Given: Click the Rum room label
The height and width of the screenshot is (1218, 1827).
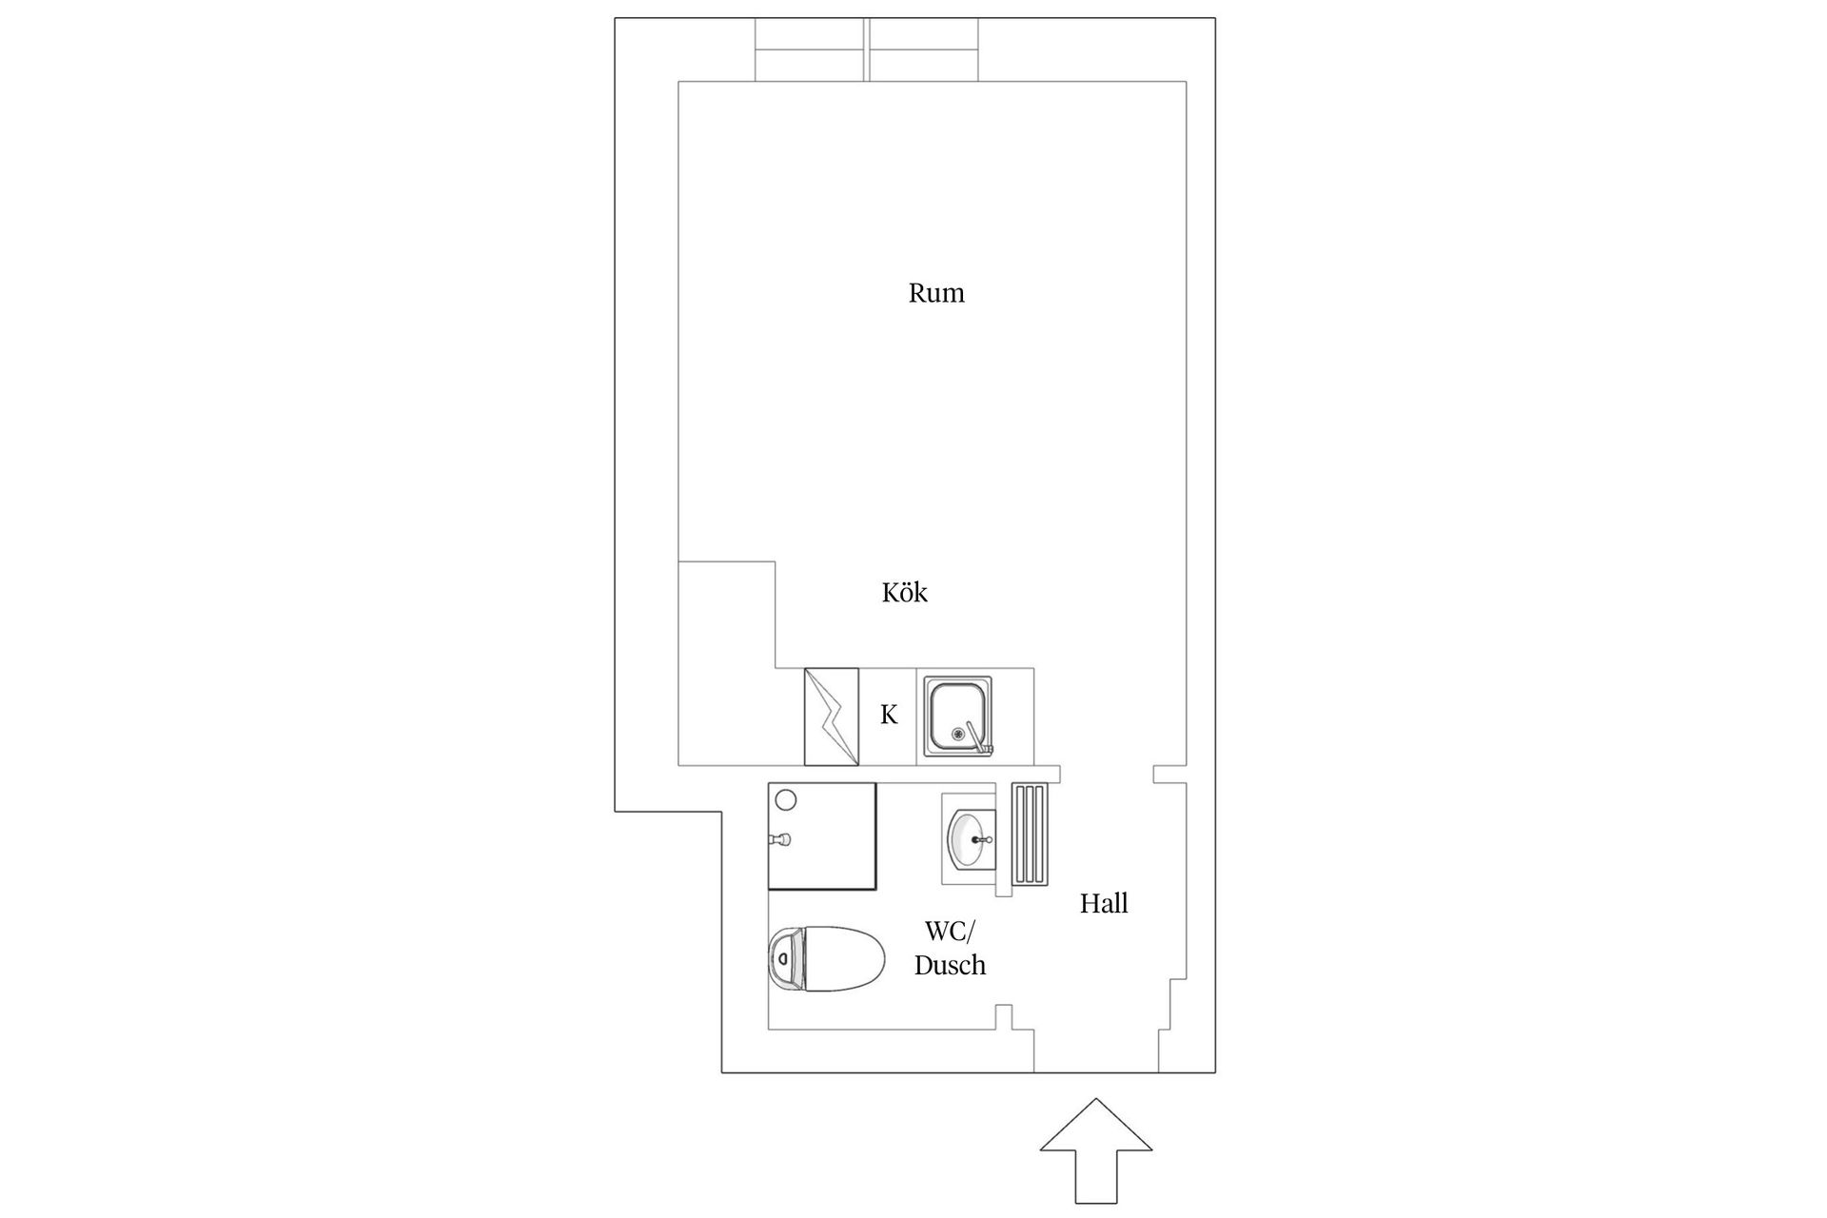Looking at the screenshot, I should click(x=936, y=293).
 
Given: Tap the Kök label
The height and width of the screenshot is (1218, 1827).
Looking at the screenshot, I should click(x=904, y=593).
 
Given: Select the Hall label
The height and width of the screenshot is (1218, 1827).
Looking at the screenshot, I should click(x=1104, y=903).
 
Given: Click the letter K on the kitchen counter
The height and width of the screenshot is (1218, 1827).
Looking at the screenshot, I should click(x=889, y=715).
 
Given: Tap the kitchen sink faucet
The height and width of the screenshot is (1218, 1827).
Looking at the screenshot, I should click(x=976, y=738).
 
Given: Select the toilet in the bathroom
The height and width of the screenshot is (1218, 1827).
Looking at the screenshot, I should click(x=826, y=959).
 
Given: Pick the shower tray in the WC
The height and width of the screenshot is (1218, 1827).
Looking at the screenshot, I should click(x=822, y=836).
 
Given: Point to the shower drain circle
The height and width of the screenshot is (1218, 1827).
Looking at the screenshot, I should click(x=787, y=800).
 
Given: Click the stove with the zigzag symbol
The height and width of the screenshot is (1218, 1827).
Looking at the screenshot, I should click(x=832, y=717).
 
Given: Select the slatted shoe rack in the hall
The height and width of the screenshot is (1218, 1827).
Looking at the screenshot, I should click(x=1029, y=835).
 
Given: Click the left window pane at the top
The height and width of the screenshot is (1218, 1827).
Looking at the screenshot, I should click(x=810, y=50).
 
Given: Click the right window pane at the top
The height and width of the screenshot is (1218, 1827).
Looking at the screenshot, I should click(x=924, y=50).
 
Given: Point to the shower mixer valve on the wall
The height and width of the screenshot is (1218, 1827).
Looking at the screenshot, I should click(x=780, y=839).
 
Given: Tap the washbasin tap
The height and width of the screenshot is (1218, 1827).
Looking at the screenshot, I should click(x=986, y=840).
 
